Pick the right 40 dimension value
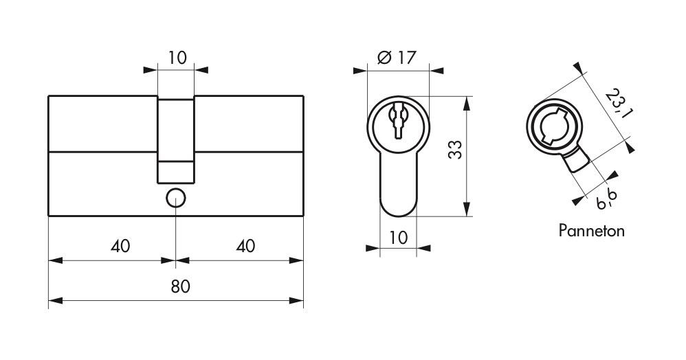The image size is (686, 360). [x=245, y=245]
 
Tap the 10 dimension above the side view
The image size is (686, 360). [x=177, y=57]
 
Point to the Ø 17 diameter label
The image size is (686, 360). [x=397, y=58]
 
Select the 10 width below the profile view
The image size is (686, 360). [x=398, y=238]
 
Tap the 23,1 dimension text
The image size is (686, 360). [x=618, y=103]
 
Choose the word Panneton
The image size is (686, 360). [x=591, y=231]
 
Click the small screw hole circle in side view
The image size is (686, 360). [x=176, y=198]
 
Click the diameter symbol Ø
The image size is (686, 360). [x=384, y=58]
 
